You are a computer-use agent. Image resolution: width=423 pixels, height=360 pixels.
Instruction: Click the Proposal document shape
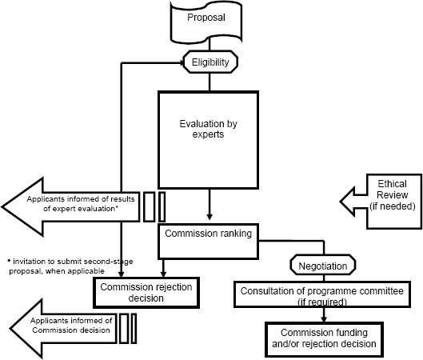206,22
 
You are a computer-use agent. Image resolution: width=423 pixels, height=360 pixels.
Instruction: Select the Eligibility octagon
210,62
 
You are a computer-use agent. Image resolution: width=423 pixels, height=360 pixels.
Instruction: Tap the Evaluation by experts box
208,140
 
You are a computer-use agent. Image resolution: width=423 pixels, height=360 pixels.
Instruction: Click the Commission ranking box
208,242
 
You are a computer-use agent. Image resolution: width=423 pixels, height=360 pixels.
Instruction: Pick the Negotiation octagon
323,265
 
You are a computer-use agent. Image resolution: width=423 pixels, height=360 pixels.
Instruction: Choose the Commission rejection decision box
146,293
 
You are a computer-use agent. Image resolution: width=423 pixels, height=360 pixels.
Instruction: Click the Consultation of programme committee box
322,294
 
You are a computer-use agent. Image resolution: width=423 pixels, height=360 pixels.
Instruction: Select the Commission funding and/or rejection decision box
324,339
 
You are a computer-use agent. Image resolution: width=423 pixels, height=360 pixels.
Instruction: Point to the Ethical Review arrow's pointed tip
340,202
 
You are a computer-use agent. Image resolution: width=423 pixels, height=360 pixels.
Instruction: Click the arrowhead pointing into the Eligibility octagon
182,62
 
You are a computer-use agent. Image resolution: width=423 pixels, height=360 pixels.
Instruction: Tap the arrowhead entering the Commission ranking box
210,218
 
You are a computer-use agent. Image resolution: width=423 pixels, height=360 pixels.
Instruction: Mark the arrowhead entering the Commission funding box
324,319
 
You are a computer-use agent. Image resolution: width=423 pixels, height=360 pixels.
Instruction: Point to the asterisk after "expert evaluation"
117,207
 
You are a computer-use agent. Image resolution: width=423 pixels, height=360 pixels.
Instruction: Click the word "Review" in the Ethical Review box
393,195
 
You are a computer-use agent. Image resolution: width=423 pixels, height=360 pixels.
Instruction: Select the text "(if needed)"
393,206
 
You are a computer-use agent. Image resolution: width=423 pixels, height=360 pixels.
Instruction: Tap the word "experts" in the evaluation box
208,134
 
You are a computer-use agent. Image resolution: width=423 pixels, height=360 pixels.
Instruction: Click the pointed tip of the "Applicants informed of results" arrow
2,207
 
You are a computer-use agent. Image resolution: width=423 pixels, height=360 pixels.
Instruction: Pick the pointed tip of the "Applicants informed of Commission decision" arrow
10,329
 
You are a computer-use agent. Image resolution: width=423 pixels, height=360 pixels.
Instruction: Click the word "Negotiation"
323,266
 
